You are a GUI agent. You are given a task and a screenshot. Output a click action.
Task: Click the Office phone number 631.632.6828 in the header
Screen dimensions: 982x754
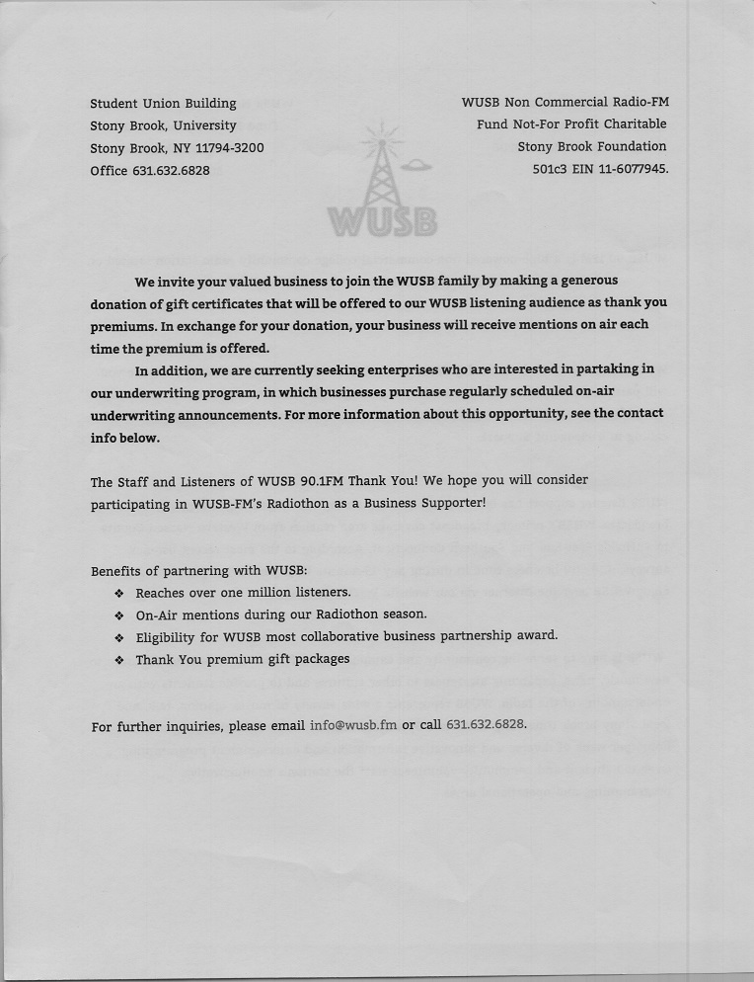click(x=169, y=170)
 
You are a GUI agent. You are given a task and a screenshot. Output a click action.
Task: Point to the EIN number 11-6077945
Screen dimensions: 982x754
click(x=627, y=169)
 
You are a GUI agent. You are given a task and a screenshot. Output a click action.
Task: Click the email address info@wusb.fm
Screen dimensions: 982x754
click(x=353, y=724)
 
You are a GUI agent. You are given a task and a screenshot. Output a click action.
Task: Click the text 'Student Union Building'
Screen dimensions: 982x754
click(x=163, y=103)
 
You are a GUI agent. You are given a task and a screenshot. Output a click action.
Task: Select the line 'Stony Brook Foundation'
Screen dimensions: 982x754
click(x=592, y=146)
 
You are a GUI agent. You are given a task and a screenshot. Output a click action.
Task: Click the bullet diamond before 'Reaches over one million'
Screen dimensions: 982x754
click(x=118, y=594)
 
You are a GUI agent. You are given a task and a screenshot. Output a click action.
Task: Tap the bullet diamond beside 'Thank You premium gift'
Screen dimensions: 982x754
click(x=118, y=660)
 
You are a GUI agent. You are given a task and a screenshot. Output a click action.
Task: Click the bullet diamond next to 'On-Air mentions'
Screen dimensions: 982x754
click(x=118, y=615)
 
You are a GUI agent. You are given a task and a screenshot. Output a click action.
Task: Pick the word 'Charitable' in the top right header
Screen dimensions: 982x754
click(x=633, y=124)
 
